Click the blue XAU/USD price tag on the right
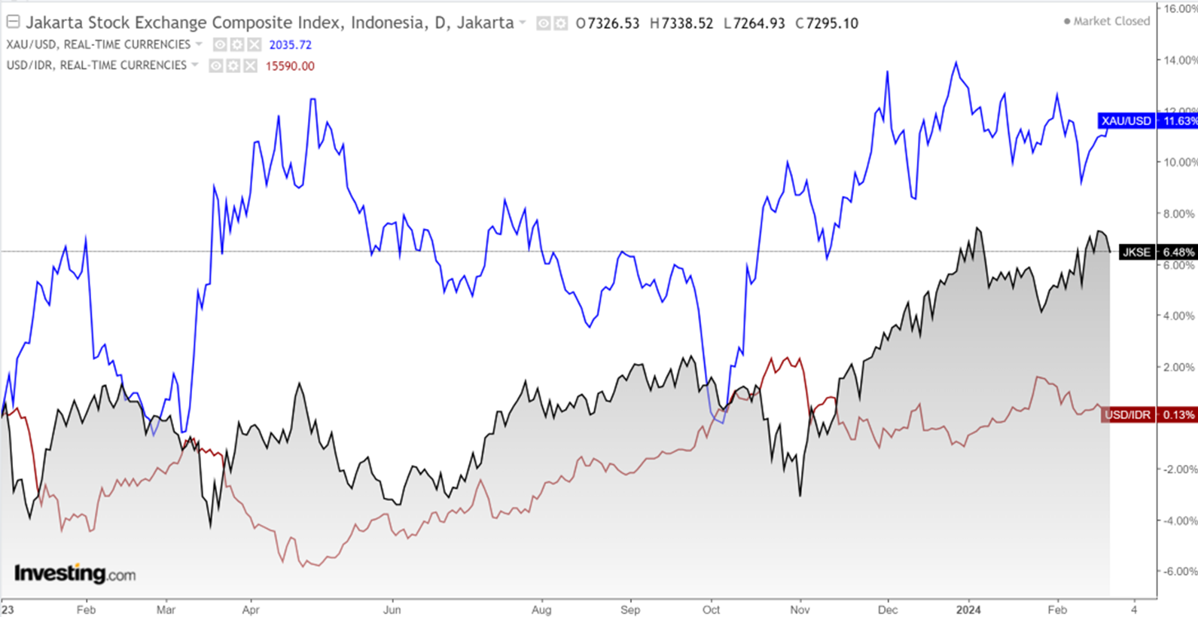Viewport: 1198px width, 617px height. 1148,121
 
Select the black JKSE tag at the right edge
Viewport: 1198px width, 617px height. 1157,252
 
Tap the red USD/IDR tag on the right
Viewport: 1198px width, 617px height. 1148,414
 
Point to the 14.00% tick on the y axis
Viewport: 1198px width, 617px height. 1179,60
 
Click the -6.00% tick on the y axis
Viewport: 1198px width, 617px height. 1178,571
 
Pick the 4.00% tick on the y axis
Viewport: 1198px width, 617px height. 1179,316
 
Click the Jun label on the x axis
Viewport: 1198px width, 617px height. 392,609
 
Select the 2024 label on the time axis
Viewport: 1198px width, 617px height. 968,609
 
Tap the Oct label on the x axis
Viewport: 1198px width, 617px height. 711,609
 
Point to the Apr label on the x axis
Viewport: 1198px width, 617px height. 251,609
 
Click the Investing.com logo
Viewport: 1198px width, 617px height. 75,574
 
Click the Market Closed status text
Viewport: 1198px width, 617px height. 1111,21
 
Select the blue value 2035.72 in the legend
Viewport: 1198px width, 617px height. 290,45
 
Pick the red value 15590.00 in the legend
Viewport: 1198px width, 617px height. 290,66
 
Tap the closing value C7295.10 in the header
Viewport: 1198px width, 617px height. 826,23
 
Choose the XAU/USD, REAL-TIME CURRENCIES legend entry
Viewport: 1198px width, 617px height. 99,44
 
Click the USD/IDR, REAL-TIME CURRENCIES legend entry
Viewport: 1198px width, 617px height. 96,66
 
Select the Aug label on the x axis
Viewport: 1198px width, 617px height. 541,609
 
